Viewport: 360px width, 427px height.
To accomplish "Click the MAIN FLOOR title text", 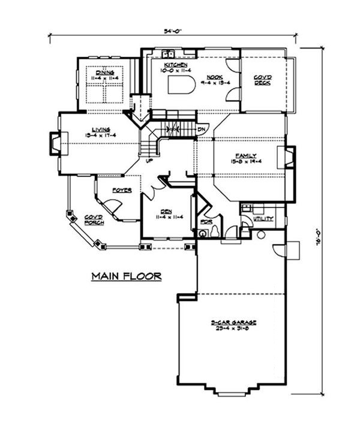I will click(126, 276).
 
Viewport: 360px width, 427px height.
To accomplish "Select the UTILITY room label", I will click(263, 219).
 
